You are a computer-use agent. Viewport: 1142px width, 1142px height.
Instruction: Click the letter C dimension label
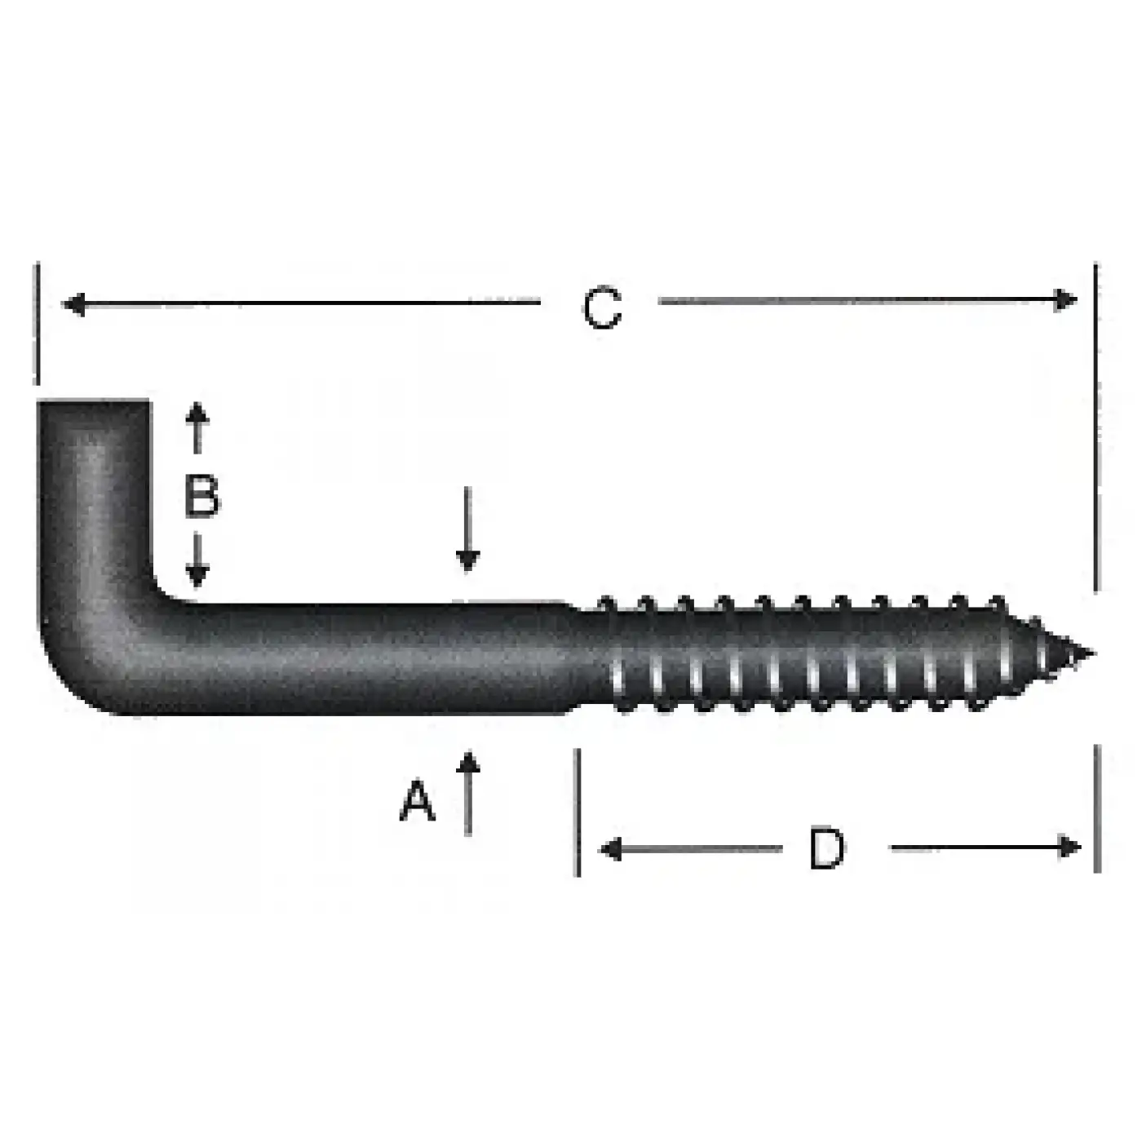click(x=602, y=308)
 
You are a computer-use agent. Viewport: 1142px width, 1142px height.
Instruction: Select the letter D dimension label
click(x=826, y=848)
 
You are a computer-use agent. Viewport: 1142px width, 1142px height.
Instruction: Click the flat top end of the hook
click(x=94, y=403)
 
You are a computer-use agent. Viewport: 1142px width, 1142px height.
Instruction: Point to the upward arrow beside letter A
click(x=467, y=791)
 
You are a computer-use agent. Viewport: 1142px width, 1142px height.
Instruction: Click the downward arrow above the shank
click(x=467, y=530)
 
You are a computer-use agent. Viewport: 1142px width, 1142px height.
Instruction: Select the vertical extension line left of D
click(x=578, y=812)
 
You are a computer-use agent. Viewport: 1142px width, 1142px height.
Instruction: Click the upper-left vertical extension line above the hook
click(x=38, y=323)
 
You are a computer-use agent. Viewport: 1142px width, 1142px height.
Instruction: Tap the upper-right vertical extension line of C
click(x=1096, y=424)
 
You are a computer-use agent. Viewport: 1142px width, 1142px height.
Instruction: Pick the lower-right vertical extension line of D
click(x=1097, y=808)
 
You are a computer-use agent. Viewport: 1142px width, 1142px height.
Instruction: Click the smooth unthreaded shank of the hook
click(x=367, y=659)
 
